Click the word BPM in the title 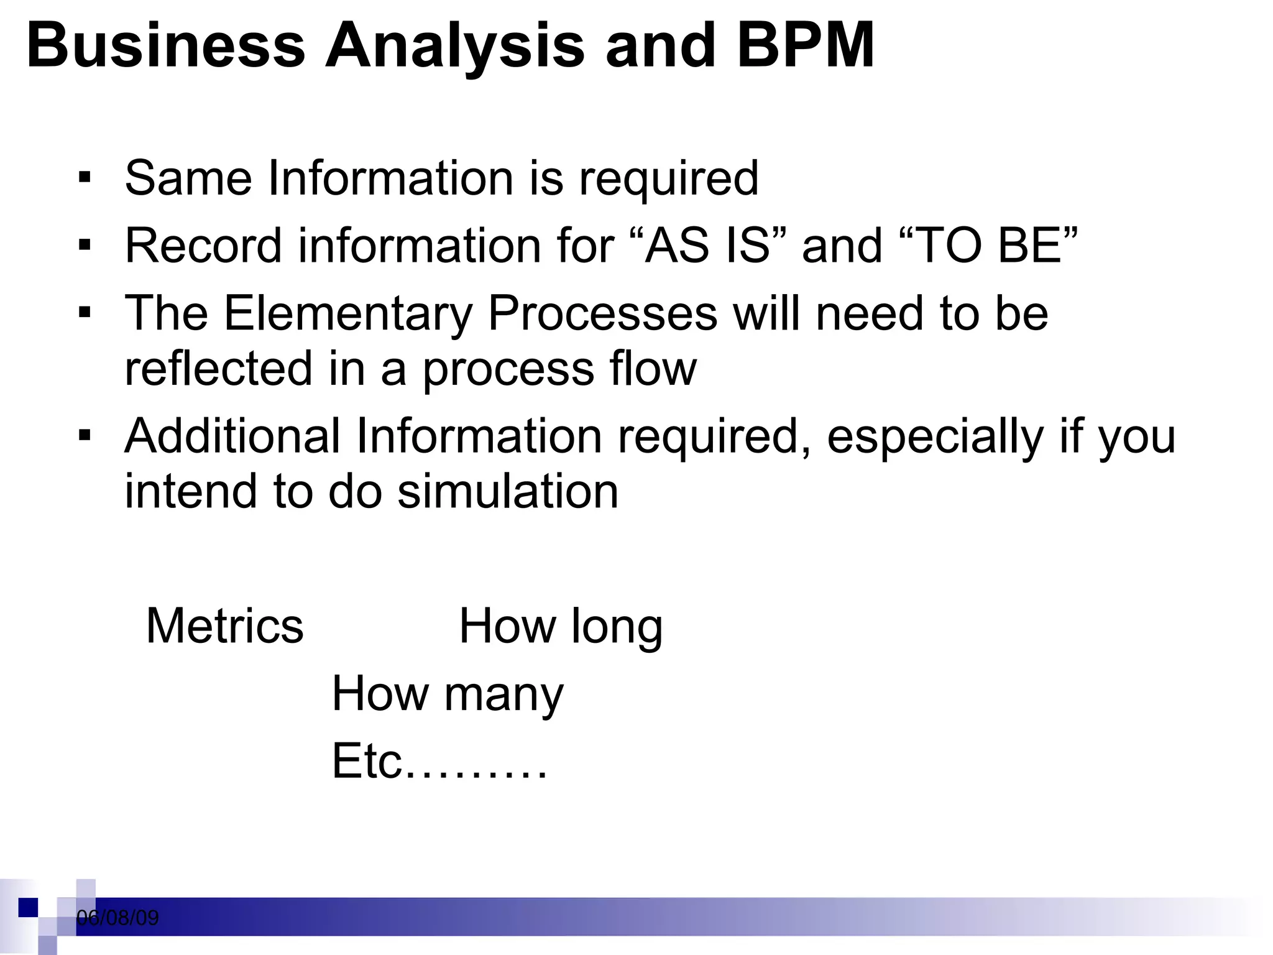[x=806, y=45]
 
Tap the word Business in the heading [x=166, y=45]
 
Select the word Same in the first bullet [x=188, y=178]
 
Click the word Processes [x=602, y=313]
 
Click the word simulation [x=508, y=491]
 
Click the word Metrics [x=224, y=625]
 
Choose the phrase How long [x=561, y=627]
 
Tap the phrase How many [x=448, y=694]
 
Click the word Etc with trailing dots [x=439, y=761]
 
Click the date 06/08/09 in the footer [x=117, y=918]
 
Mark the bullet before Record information [x=85, y=246]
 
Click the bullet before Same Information [x=85, y=178]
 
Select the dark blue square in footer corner [x=28, y=908]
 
